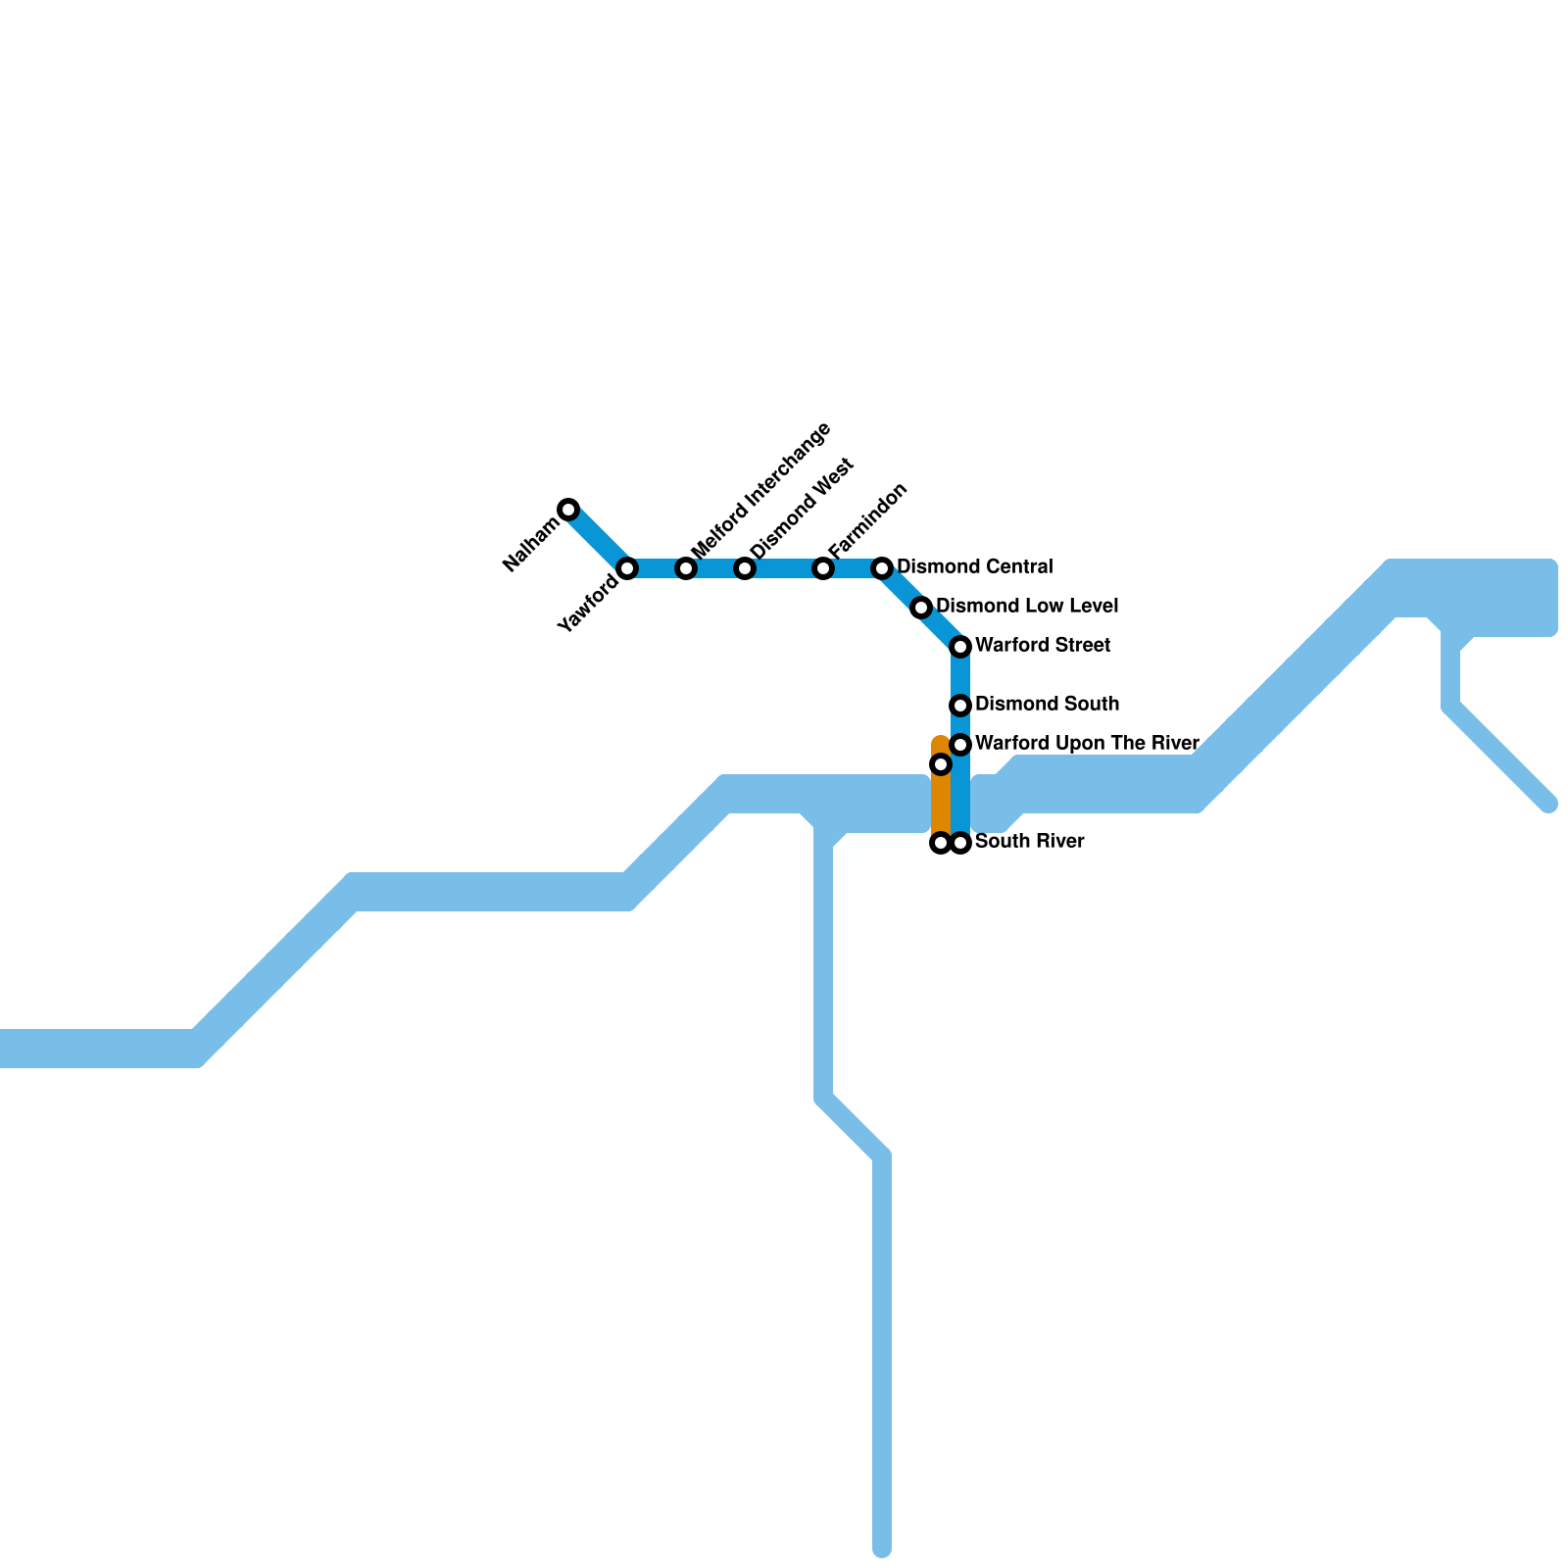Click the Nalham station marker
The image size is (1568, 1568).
[x=568, y=509]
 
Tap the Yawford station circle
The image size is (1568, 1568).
[x=627, y=568]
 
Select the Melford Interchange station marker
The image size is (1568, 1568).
[x=686, y=568]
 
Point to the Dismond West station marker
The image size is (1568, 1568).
[x=745, y=568]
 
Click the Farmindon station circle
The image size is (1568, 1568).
[x=823, y=568]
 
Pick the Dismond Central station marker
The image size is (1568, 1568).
[x=882, y=568]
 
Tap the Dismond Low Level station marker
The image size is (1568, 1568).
[x=921, y=608]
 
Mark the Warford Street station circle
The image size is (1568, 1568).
[x=960, y=647]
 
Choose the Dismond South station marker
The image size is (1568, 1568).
[x=960, y=706]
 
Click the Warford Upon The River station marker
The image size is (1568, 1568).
[x=960, y=745]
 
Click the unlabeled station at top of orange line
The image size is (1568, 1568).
[x=941, y=764]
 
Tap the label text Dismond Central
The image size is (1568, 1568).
[x=974, y=567]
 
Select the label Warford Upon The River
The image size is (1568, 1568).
[x=1087, y=743]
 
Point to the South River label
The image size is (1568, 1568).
[x=1029, y=842]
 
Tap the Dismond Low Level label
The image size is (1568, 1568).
[x=1027, y=607]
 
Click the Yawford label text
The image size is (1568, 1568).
[x=588, y=604]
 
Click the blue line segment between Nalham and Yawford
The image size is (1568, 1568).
[x=598, y=539]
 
